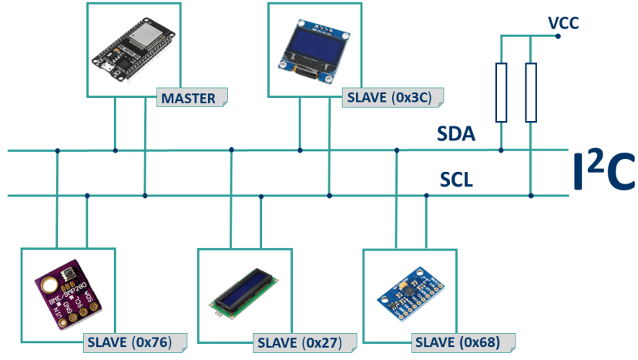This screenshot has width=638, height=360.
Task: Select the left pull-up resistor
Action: pyautogui.click(x=502, y=93)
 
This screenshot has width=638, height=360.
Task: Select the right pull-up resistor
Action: pyautogui.click(x=531, y=93)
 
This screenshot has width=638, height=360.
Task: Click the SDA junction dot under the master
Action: pyautogui.click(x=116, y=150)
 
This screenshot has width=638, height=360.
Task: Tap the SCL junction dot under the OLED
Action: pyautogui.click(x=329, y=196)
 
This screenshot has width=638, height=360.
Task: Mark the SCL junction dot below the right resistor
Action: pyautogui.click(x=531, y=196)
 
